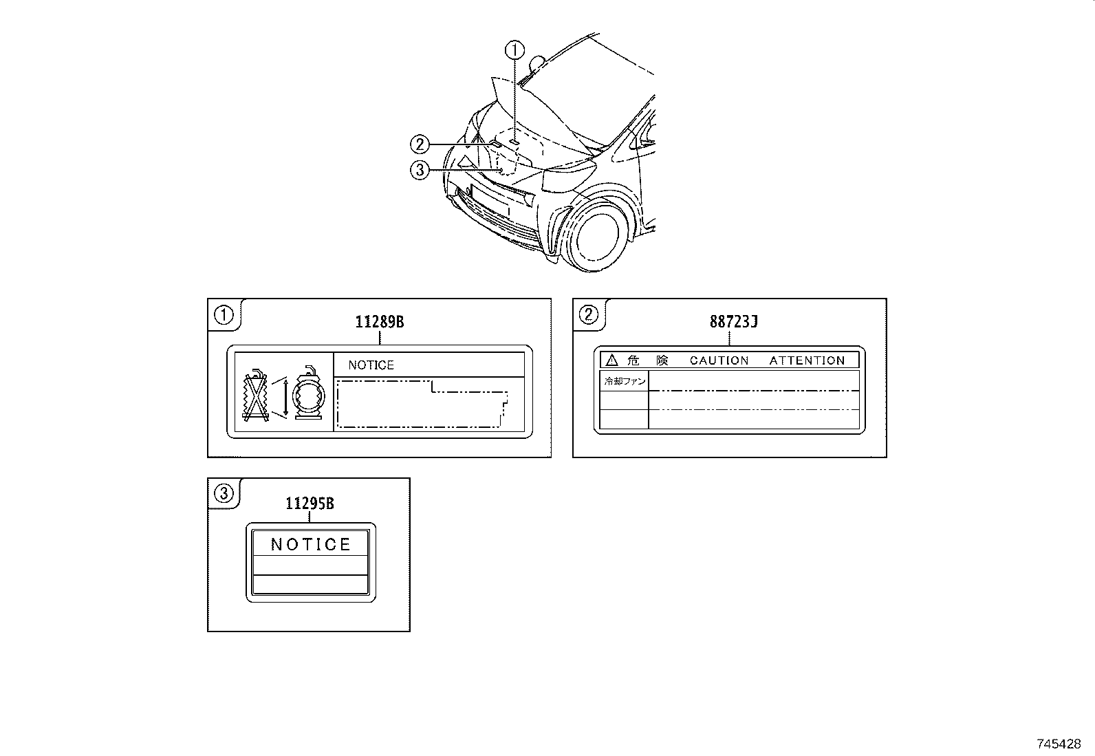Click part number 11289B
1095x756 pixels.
(379, 321)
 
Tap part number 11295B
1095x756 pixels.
(310, 504)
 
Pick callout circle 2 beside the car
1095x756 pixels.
(420, 144)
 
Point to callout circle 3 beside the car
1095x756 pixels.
(420, 169)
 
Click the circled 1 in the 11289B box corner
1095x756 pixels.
(224, 315)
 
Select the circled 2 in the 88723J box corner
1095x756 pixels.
(589, 315)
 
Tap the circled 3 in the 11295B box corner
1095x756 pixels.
(224, 493)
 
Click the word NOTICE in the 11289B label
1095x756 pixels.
(371, 365)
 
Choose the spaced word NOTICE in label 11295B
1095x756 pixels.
(311, 545)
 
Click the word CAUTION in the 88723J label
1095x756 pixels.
(719, 360)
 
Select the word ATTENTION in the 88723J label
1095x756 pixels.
(807, 360)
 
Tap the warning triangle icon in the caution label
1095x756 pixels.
(611, 360)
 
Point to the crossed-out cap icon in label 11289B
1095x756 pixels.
(256, 398)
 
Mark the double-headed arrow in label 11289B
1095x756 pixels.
(285, 397)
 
